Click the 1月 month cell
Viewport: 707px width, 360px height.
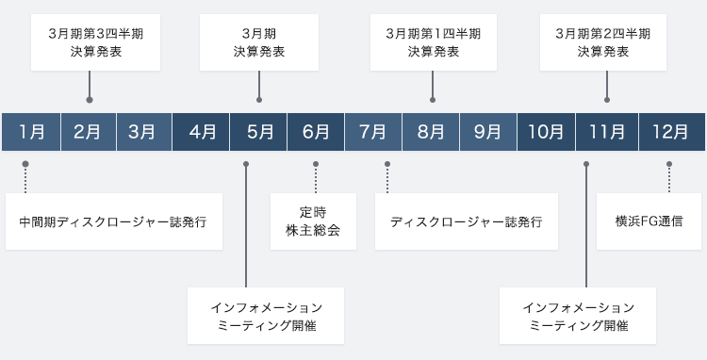(31, 131)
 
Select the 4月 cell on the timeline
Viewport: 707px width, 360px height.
(202, 131)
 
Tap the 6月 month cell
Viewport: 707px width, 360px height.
(316, 131)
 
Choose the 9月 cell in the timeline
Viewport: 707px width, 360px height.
(487, 131)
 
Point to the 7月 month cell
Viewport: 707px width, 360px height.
(373, 131)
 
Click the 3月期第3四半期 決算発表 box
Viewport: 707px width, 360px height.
(90, 42)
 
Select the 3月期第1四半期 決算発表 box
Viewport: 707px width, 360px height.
(433, 42)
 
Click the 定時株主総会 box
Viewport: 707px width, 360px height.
(314, 221)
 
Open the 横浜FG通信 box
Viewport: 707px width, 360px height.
(649, 221)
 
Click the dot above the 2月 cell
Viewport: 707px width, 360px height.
(90, 99)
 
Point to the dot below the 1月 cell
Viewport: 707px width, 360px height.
(25, 164)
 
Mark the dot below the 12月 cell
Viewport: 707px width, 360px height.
(669, 164)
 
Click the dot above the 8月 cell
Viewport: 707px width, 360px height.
(433, 99)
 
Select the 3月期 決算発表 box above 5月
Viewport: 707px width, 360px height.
(258, 42)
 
